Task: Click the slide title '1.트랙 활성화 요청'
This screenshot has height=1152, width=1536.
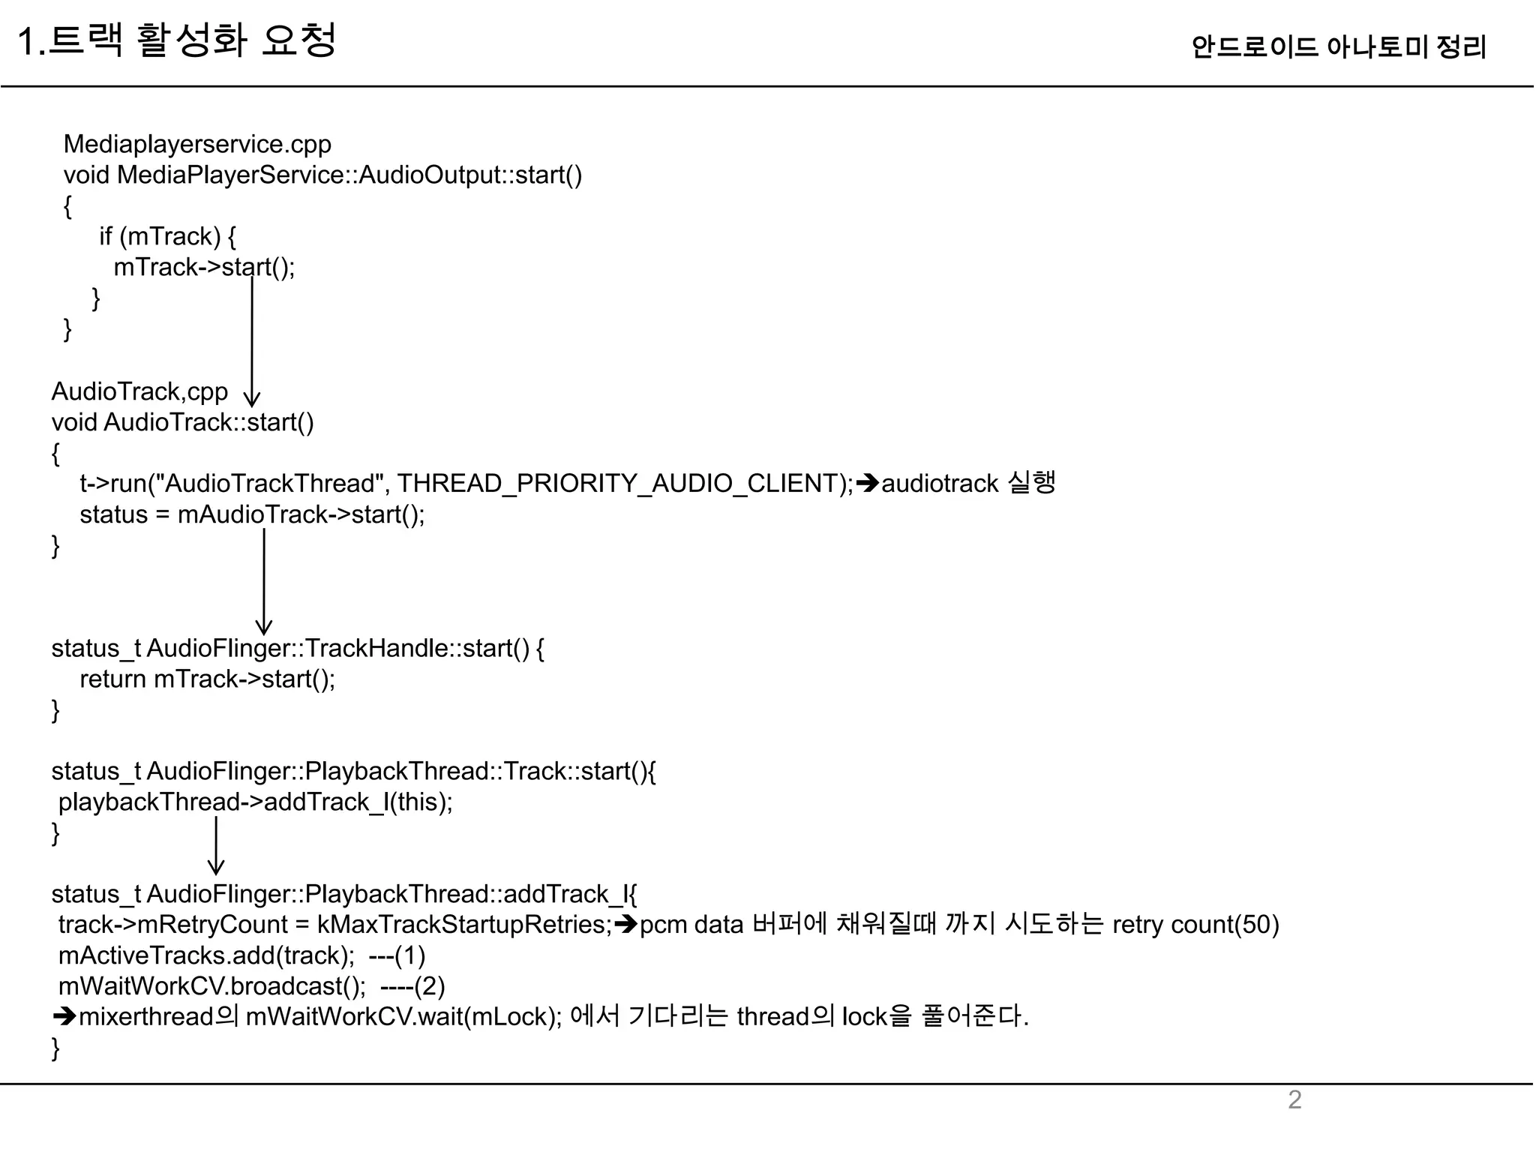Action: (176, 40)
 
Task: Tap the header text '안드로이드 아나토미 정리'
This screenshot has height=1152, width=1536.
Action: (1338, 47)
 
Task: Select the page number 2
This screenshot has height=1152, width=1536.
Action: (1294, 1099)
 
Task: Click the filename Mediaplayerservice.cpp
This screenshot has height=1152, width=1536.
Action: (197, 144)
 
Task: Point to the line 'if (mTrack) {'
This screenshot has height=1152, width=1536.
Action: (167, 236)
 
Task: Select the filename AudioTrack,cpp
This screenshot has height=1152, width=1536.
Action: (139, 391)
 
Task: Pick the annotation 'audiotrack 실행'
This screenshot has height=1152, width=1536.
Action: (968, 483)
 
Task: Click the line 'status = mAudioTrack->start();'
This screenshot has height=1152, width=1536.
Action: (252, 514)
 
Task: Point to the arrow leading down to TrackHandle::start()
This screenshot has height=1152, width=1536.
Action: (264, 581)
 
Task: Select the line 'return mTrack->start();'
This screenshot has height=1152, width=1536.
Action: (207, 679)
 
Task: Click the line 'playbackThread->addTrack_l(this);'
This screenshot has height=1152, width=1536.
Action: (256, 802)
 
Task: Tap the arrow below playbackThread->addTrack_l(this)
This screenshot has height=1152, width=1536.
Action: (216, 845)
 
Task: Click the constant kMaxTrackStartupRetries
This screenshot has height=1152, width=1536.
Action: (464, 925)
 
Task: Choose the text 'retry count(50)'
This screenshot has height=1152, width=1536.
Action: (1195, 925)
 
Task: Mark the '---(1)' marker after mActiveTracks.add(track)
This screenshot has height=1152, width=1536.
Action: (397, 955)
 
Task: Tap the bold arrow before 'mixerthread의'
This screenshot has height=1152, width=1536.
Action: (64, 1017)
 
